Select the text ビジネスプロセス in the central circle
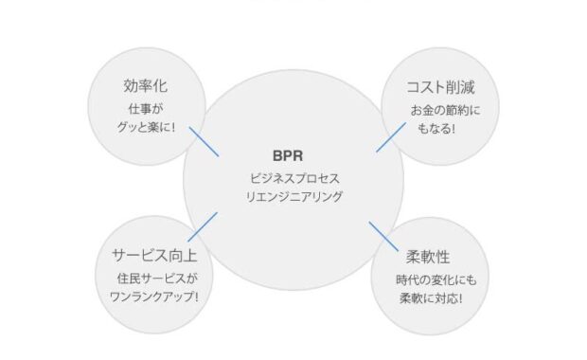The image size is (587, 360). click(293, 178)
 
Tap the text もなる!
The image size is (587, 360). click(435, 129)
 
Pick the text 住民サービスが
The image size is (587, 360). click(153, 279)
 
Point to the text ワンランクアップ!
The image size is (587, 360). click(154, 297)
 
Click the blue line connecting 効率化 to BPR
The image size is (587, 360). click(205, 140)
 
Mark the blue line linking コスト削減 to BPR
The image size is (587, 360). click(391, 137)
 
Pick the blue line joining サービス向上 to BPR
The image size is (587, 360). click(203, 225)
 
